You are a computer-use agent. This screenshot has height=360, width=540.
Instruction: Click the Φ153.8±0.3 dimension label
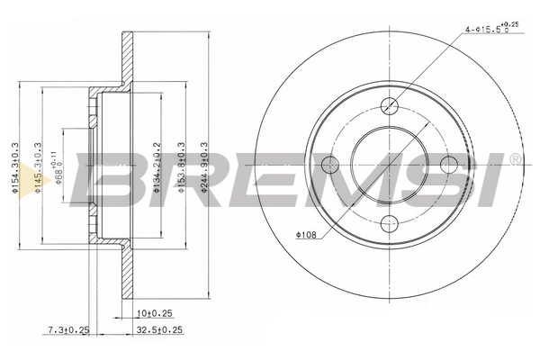coord(183,163)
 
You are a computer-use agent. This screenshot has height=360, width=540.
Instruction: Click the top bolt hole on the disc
coord(389,104)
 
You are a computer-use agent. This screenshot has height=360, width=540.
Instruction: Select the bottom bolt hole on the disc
coord(389,224)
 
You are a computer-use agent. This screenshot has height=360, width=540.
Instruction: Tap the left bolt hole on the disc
coord(329,165)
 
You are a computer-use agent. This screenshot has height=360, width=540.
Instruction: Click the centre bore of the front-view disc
coord(389,165)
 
